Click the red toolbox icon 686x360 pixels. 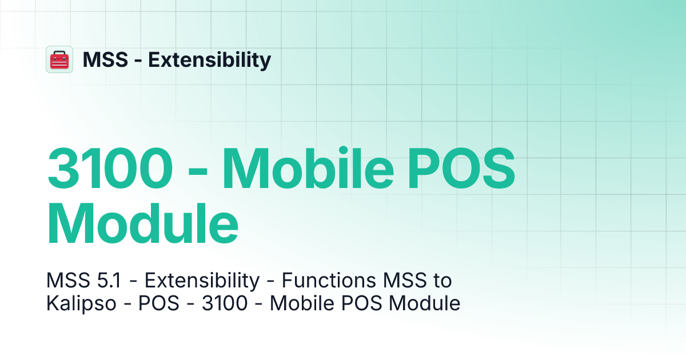(59, 59)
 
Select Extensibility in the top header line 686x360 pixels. (210, 59)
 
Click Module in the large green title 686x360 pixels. (142, 220)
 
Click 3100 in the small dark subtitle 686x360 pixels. (225, 303)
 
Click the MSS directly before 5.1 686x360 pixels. (67, 281)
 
